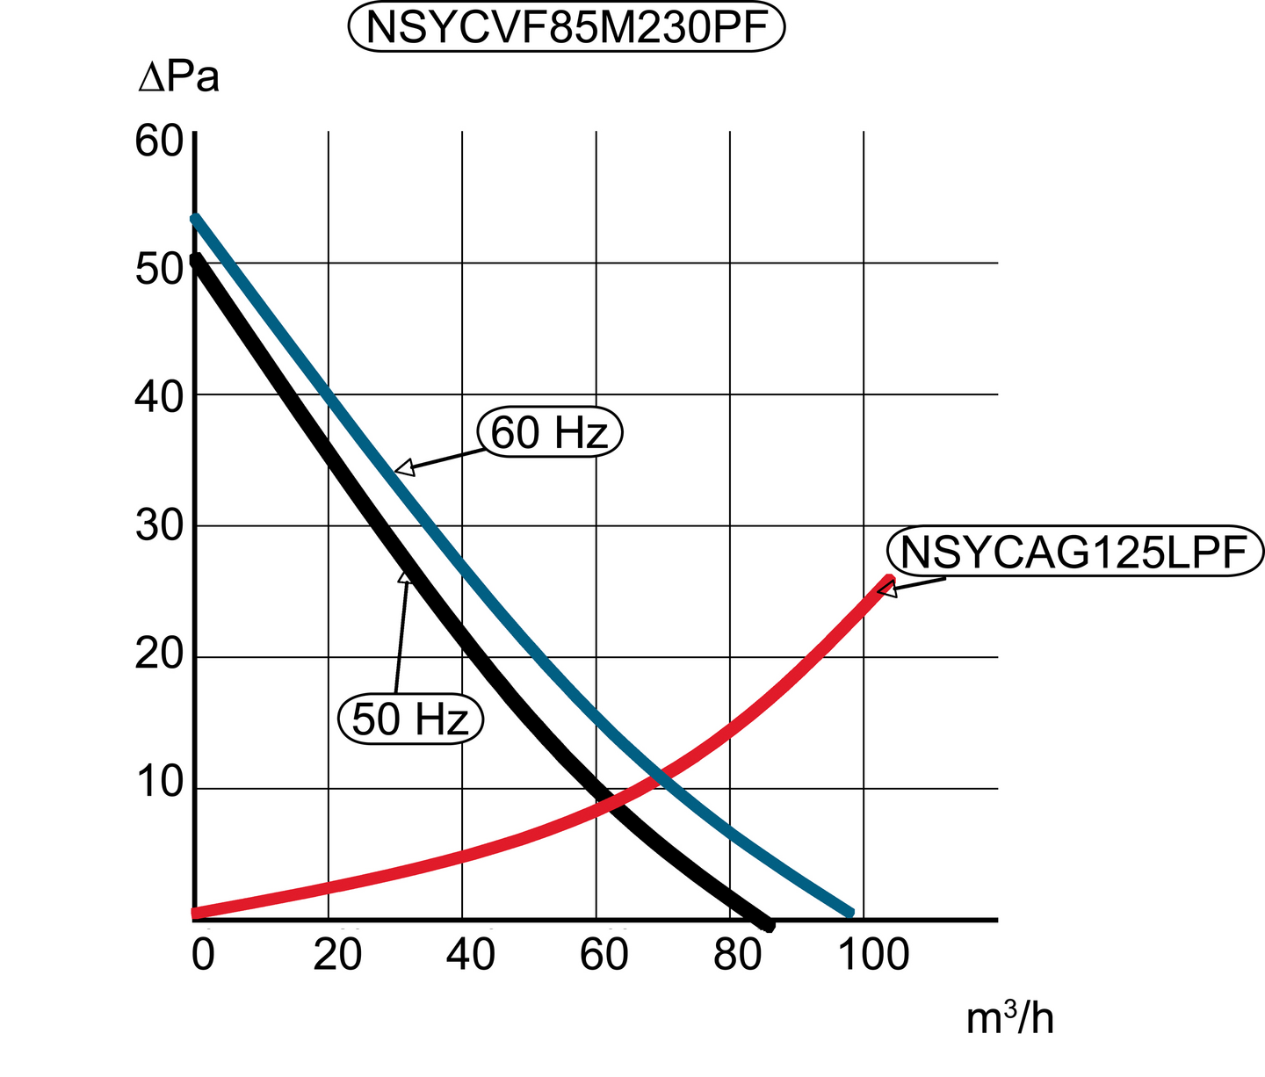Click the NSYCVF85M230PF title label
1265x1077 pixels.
coord(566,27)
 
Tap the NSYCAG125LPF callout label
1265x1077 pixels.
coord(1075,553)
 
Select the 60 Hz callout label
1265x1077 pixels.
coord(550,433)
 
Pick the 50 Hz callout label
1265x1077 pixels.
coord(411,719)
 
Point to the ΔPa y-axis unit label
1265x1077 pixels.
coord(179,79)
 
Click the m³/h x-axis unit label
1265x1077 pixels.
coord(1009,1019)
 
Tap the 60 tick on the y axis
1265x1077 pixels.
coord(158,141)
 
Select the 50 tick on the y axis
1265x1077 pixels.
coord(158,270)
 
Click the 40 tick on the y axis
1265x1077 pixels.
coord(158,398)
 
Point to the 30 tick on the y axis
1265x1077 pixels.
coord(158,527)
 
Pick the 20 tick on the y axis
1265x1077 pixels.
coord(158,655)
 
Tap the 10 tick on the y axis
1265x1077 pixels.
coord(158,784)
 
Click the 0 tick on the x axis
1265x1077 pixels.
coord(203,956)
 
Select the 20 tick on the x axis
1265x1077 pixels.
coord(338,956)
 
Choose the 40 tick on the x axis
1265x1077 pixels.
coord(471,956)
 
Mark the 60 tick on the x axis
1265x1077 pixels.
coord(604,956)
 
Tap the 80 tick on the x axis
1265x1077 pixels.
coord(738,956)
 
